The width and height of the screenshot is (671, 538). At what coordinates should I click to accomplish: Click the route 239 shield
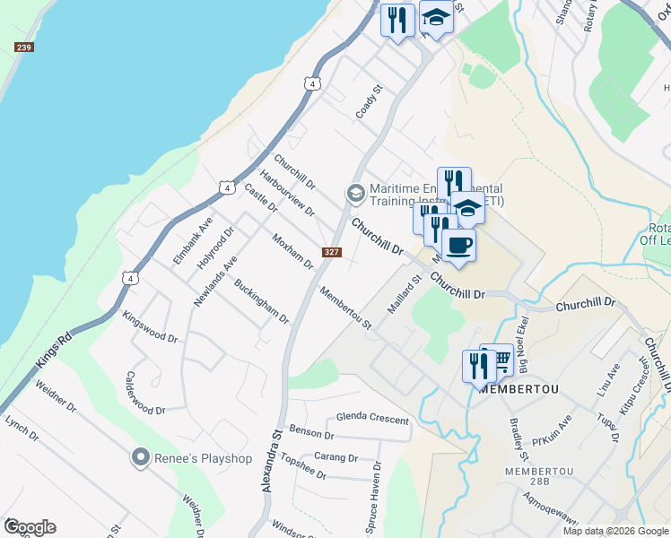click(x=24, y=48)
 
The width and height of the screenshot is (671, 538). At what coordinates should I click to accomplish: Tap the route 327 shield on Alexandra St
click(x=332, y=252)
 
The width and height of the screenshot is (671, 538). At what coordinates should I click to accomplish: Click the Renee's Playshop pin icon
click(x=139, y=457)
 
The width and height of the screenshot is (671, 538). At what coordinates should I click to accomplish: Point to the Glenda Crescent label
click(x=372, y=420)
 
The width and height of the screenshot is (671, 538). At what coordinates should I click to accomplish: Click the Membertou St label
click(x=345, y=307)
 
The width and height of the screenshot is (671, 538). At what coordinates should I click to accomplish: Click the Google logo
click(x=29, y=527)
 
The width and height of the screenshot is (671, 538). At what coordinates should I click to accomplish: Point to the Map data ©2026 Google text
click(x=615, y=531)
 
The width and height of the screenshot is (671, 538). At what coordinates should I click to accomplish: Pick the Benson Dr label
click(x=311, y=433)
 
